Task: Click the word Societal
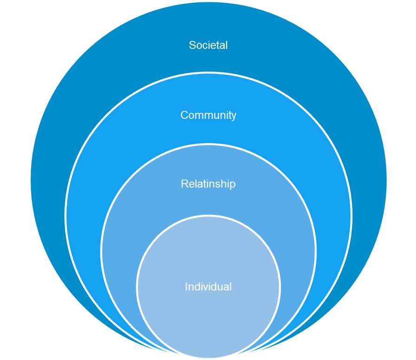pos(208,45)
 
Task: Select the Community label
pos(208,115)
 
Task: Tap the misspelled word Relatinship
pos(208,184)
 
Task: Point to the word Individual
pos(208,287)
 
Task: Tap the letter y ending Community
pos(233,116)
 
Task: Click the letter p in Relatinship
pos(233,185)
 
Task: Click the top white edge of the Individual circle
pos(208,216)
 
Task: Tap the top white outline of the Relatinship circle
pos(208,144)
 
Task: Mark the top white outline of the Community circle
pos(208,72)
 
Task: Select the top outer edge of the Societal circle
pos(208,1)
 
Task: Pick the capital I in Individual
pos(186,287)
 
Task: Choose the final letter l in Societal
pos(227,45)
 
